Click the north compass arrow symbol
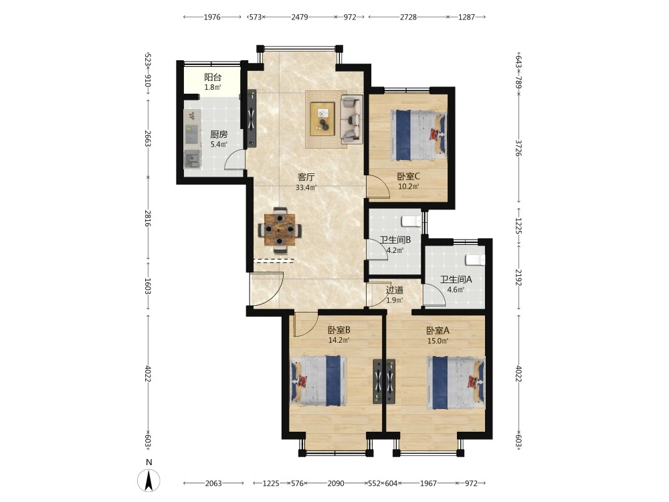click(x=149, y=480)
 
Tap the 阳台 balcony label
click(x=213, y=77)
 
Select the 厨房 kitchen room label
click(x=219, y=135)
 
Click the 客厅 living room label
click(x=306, y=177)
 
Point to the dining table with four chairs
click(x=280, y=230)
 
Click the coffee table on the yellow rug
click(x=322, y=119)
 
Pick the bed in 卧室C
click(x=419, y=135)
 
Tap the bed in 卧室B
click(x=318, y=381)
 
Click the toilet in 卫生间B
click(x=411, y=221)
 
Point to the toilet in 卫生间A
click(x=475, y=260)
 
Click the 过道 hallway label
click(x=395, y=290)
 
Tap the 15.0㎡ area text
click(x=438, y=341)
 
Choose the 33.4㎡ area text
click(x=306, y=187)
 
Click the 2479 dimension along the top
click(x=300, y=17)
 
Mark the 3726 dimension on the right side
click(x=518, y=148)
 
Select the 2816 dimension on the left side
click(x=148, y=218)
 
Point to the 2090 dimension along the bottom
click(x=336, y=483)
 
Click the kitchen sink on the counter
click(x=192, y=159)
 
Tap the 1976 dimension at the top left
click(x=212, y=17)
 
